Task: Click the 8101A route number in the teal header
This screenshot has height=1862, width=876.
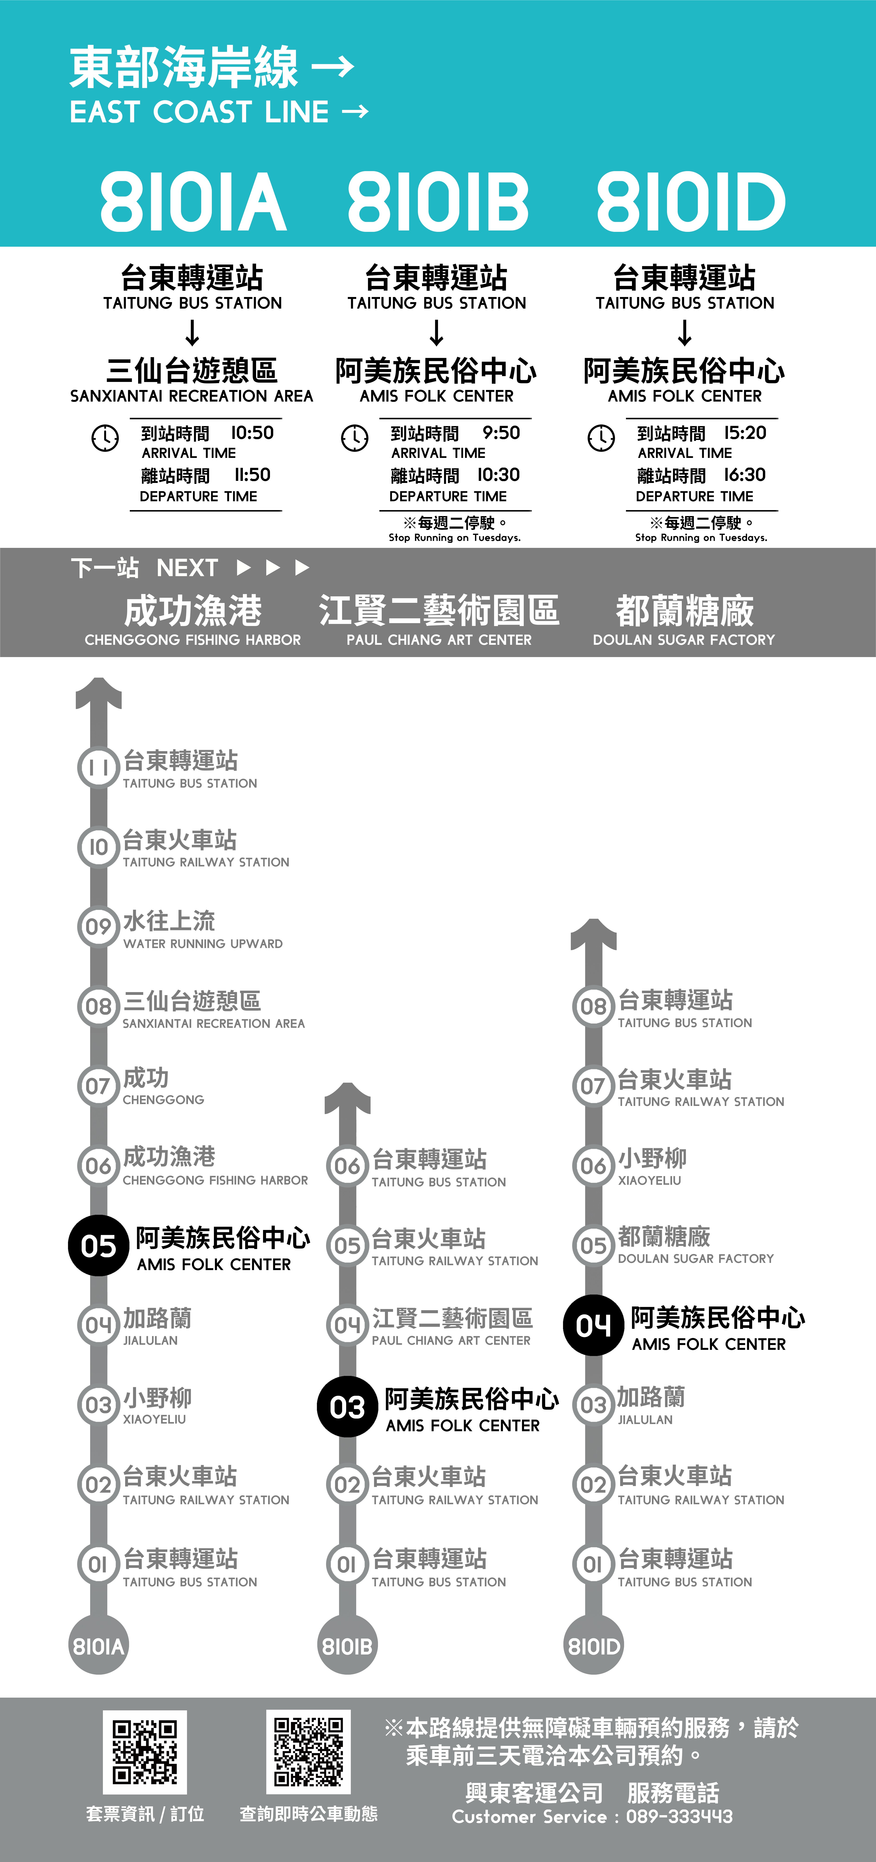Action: (x=193, y=202)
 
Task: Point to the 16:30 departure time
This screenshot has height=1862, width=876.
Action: (x=744, y=475)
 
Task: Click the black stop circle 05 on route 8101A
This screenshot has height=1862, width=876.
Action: (x=98, y=1246)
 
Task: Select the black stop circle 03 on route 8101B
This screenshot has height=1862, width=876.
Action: (x=347, y=1407)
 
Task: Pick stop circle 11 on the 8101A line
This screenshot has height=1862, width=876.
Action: (x=98, y=768)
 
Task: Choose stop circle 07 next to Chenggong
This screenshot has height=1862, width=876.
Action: (x=98, y=1086)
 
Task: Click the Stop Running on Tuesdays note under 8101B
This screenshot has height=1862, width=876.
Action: (x=455, y=538)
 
